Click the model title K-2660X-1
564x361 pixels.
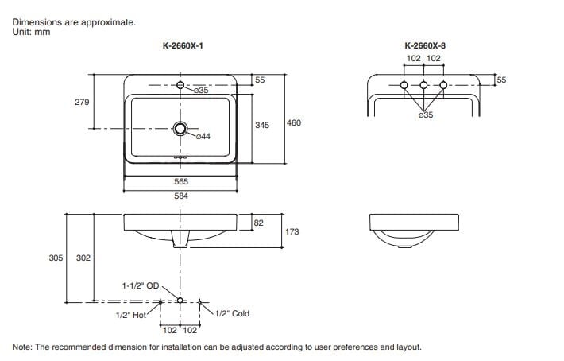[x=183, y=45]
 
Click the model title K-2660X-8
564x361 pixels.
[x=425, y=45]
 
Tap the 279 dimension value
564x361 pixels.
[x=82, y=103]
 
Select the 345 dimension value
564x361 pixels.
[x=262, y=125]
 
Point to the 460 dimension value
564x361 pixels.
[x=293, y=122]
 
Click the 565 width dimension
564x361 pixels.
[x=181, y=181]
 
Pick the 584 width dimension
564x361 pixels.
[x=181, y=196]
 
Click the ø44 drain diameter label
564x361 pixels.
[x=203, y=137]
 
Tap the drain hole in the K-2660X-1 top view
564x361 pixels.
[x=180, y=129]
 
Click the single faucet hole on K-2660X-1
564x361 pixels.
[x=180, y=85]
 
